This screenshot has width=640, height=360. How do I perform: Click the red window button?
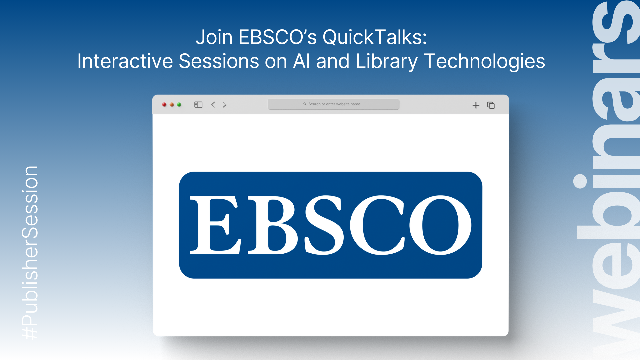pos(164,105)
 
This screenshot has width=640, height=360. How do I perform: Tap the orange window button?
pos(172,105)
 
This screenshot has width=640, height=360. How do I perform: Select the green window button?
pos(179,105)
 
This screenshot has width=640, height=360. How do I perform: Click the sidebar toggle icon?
pos(198,105)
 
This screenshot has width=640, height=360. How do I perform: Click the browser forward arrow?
pos(225,105)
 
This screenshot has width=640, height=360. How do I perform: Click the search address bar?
pos(333,104)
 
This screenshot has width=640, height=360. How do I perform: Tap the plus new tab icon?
pos(476,105)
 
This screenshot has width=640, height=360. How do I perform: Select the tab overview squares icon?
pos(491,105)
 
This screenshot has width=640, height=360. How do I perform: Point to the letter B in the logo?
pos(272,225)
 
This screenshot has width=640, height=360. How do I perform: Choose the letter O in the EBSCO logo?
pos(440,225)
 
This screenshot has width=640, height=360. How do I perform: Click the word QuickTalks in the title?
pos(375,37)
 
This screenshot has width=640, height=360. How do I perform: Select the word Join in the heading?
pos(214,37)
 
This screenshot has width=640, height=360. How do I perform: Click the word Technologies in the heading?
pos(484,61)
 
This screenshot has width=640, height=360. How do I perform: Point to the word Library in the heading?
pos(386,61)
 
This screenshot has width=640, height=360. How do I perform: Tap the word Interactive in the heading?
pos(125,61)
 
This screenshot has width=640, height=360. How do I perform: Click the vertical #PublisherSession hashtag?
pos(30,253)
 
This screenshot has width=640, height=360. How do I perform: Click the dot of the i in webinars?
pos(580,181)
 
